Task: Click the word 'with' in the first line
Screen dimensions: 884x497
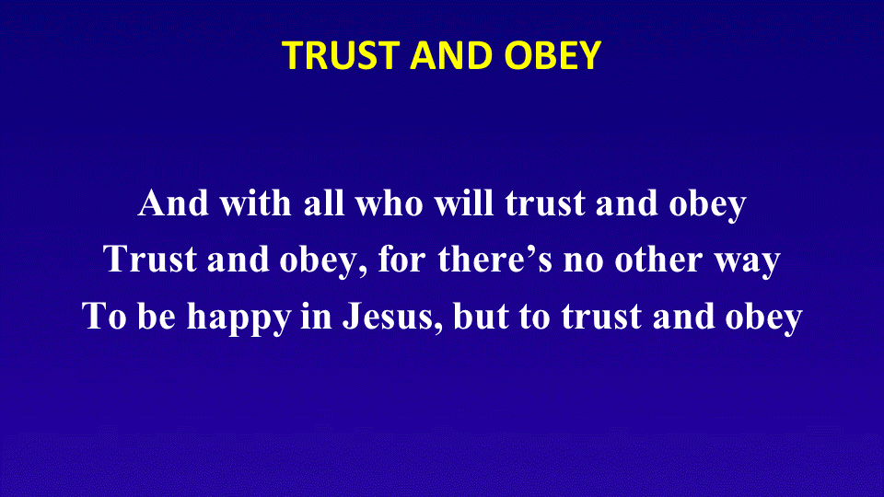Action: [x=255, y=202]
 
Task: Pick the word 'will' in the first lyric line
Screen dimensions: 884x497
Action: [x=464, y=202]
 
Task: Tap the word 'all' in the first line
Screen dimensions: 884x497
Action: [x=324, y=202]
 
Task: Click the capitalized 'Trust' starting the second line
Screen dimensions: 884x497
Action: [x=150, y=260]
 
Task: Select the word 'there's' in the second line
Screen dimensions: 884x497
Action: [x=495, y=260]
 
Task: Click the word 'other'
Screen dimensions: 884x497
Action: [x=659, y=260]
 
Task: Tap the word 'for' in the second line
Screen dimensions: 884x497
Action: [x=402, y=260]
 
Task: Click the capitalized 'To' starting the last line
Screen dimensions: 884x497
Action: [x=104, y=316]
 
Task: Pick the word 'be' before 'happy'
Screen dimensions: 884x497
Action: [x=157, y=316]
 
